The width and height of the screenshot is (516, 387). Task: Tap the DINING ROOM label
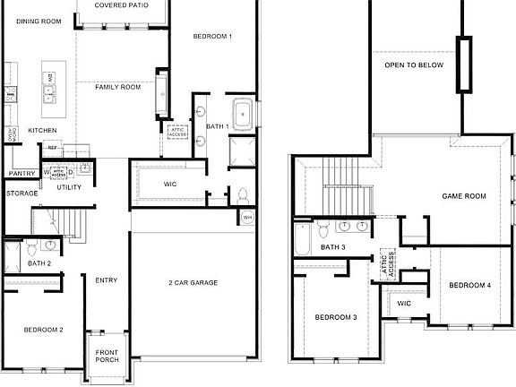pyautogui.click(x=38, y=21)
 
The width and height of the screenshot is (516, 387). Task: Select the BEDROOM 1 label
pyautogui.click(x=213, y=37)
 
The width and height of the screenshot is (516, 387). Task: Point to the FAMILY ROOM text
pyautogui.click(x=119, y=87)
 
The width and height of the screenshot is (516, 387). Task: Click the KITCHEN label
pyautogui.click(x=42, y=131)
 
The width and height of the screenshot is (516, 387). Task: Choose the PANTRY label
pyautogui.click(x=21, y=174)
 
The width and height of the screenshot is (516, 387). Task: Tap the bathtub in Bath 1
pyautogui.click(x=244, y=114)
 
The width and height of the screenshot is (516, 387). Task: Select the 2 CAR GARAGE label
pyautogui.click(x=193, y=283)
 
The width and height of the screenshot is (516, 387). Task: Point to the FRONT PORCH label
pyautogui.click(x=107, y=357)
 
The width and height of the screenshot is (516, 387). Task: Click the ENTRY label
pyautogui.click(x=107, y=280)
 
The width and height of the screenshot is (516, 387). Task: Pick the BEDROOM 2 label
pyautogui.click(x=43, y=331)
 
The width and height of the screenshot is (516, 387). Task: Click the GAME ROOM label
pyautogui.click(x=464, y=195)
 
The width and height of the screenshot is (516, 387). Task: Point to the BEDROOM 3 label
pyautogui.click(x=336, y=318)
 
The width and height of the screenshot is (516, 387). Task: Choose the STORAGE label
pyautogui.click(x=22, y=193)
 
